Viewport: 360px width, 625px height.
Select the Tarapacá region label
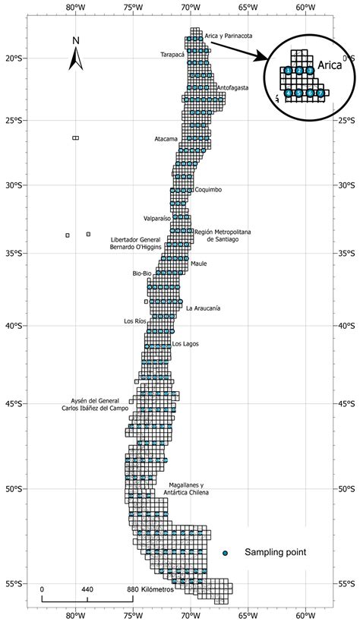click(172, 55)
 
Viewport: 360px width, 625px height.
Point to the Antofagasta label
click(232, 88)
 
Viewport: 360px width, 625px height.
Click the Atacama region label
click(166, 139)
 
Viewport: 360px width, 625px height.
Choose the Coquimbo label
click(208, 190)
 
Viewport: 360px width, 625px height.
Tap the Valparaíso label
click(157, 219)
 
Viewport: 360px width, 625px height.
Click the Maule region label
click(198, 264)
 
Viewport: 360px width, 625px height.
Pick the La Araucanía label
click(203, 308)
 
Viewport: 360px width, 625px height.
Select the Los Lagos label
click(185, 344)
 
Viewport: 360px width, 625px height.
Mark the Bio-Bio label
click(142, 273)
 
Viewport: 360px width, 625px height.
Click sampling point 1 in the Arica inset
click(289, 70)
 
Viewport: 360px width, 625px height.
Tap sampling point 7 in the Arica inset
click(321, 93)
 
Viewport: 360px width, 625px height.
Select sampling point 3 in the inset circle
click(310, 70)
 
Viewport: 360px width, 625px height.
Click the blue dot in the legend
click(225, 552)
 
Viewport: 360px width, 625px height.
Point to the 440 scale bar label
click(87, 589)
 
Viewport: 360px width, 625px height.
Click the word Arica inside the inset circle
click(329, 65)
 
